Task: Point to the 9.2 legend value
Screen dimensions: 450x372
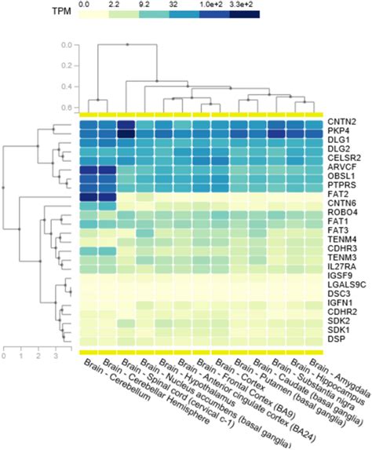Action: click(145, 5)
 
